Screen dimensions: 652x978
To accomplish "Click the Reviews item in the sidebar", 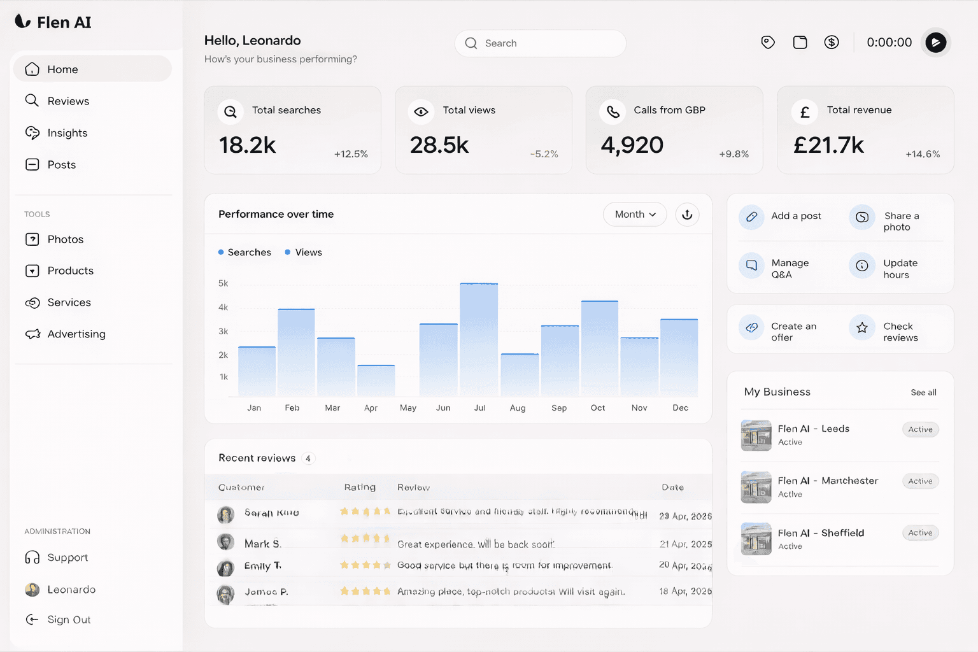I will click(67, 101).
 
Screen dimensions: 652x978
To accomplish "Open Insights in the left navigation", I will click(67, 133).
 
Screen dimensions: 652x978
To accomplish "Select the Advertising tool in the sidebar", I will click(76, 334).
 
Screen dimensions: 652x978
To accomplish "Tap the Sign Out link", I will click(68, 620).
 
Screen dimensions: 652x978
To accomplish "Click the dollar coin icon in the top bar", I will click(831, 43).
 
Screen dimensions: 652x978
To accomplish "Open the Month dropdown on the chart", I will click(635, 215).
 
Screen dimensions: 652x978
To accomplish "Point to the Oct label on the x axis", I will click(597, 408).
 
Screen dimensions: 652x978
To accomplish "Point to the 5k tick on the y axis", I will click(223, 283).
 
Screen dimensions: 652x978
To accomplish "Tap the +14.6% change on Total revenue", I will click(922, 154).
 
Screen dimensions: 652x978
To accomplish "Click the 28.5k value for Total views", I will click(439, 145).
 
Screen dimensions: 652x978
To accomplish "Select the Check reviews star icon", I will click(861, 328).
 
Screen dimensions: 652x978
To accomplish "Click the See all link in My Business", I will click(923, 392).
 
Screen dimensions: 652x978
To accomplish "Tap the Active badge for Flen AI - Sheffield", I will click(919, 533).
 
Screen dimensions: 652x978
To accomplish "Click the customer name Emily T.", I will click(262, 566).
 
